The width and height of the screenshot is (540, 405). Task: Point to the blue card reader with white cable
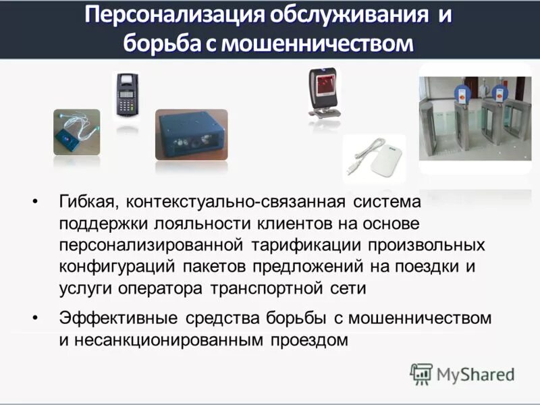[76, 133]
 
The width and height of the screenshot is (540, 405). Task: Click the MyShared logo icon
[421, 374]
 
